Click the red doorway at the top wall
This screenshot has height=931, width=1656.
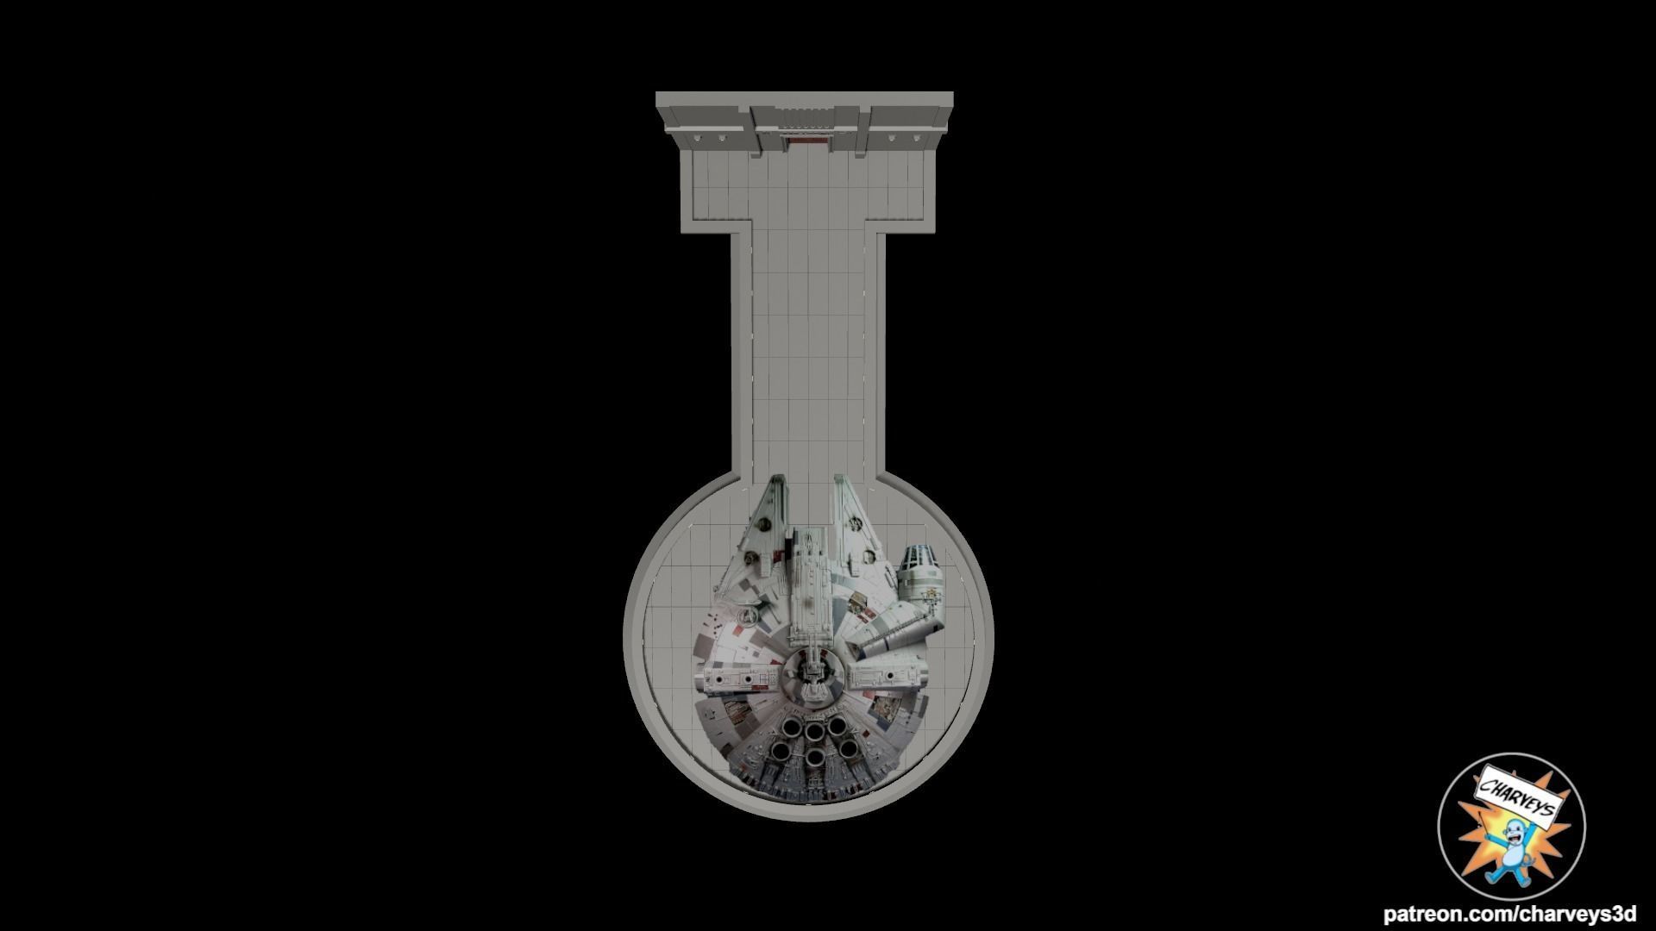(x=809, y=138)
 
